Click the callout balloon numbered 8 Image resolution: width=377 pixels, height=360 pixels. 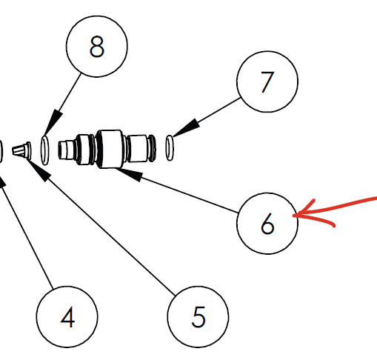97,47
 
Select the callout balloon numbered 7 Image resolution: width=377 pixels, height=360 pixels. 267,81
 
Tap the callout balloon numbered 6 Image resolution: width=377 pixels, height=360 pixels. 267,224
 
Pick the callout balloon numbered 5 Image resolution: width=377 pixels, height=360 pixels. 198,317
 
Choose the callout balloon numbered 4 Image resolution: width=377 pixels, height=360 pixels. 67,317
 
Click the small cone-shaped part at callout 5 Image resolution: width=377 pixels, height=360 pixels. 21,150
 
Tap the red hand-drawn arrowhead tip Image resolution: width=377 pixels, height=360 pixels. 293,216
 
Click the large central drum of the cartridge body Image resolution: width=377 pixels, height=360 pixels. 110,149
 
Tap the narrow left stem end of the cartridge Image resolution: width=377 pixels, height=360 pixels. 66,150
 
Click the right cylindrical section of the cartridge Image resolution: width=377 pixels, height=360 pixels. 137,148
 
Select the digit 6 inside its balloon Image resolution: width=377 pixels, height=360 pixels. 267,224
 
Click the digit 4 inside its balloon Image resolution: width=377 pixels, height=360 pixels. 67,317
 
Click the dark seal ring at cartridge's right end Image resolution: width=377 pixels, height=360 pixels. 152,148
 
